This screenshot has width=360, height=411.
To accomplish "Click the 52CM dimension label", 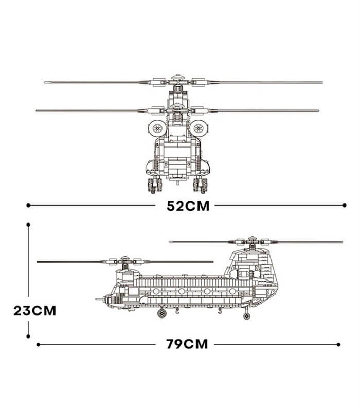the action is pyautogui.click(x=188, y=206).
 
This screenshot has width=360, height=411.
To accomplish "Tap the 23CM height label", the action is pyautogui.click(x=35, y=311).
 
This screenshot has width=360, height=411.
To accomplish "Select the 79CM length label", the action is pyautogui.click(x=187, y=344).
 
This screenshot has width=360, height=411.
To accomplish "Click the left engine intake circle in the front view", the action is pyautogui.click(x=157, y=128).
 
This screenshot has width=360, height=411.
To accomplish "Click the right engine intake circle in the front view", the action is pyautogui.click(x=199, y=128).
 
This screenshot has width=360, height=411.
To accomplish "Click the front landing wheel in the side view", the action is pyautogui.click(x=162, y=313).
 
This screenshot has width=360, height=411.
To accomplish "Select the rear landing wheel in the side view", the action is pyautogui.click(x=246, y=316).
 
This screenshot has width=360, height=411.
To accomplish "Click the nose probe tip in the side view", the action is pyautogui.click(x=97, y=299).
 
